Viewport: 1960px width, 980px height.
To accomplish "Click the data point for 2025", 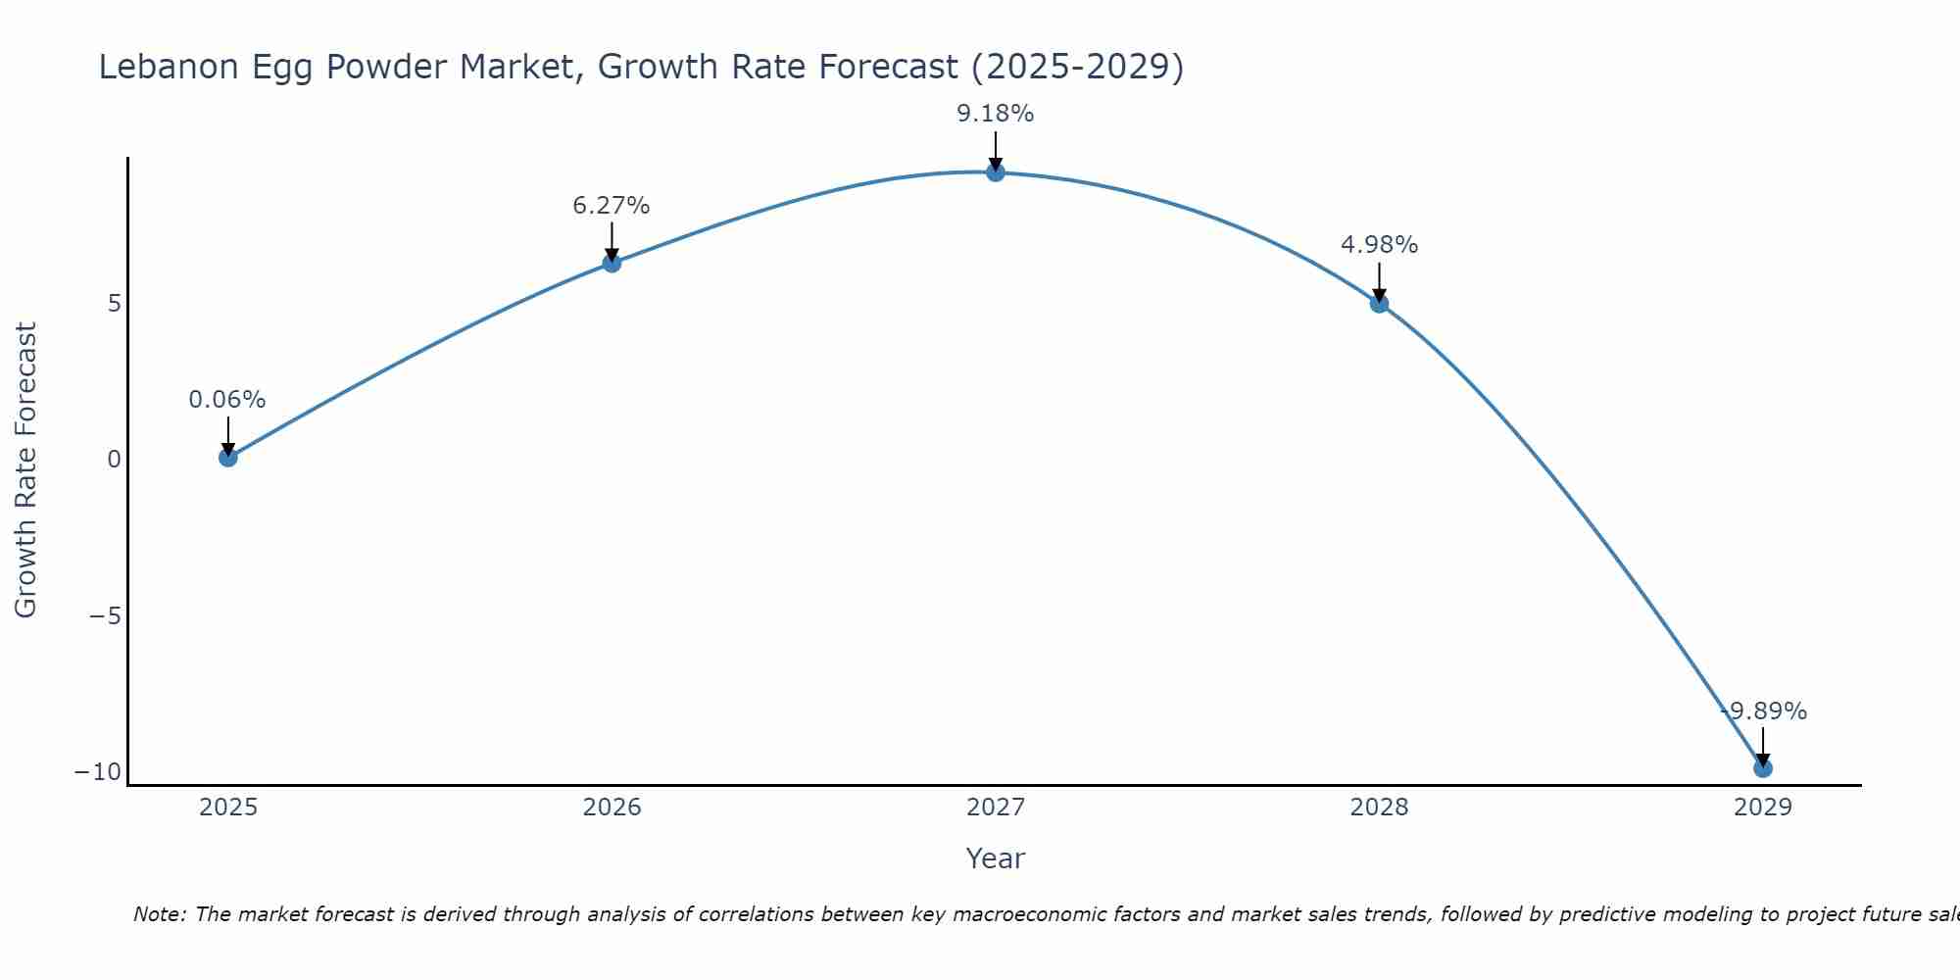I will click(x=228, y=457).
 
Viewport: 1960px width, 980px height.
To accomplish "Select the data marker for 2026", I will click(x=612, y=263).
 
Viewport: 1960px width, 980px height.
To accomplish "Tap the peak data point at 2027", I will click(x=996, y=172).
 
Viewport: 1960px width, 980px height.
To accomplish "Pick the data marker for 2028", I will click(x=1379, y=304).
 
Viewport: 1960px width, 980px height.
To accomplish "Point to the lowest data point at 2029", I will click(x=1763, y=768).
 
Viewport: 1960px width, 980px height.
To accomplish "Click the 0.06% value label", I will click(x=227, y=400).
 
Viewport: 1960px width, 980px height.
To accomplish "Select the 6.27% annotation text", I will click(x=612, y=206).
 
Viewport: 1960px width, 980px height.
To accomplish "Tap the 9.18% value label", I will click(x=996, y=114).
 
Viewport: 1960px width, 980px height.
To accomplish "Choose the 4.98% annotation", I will click(x=1379, y=245).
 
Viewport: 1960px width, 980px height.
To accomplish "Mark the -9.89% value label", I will click(x=1764, y=711).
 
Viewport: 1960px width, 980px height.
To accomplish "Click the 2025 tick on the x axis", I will click(x=228, y=808).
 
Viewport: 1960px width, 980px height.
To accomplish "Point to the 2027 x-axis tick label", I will click(x=996, y=808).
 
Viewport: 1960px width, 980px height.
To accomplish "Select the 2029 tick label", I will click(x=1763, y=808).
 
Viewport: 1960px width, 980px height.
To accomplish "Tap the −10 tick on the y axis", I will click(x=98, y=772).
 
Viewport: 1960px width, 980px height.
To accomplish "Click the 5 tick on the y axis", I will click(x=115, y=304).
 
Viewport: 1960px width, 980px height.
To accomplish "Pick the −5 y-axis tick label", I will click(x=105, y=616).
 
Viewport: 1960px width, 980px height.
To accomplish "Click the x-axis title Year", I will click(x=996, y=858).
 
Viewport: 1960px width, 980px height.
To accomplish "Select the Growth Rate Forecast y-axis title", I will click(x=25, y=470).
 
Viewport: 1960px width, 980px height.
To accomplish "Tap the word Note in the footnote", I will click(x=157, y=914).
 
